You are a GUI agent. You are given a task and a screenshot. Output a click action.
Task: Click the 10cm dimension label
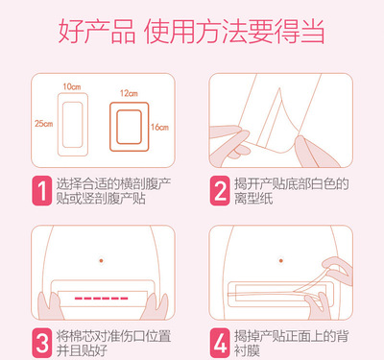[x=72, y=86]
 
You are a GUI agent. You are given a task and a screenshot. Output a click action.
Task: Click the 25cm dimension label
[x=44, y=124]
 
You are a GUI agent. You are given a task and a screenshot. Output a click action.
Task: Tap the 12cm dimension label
[x=129, y=93]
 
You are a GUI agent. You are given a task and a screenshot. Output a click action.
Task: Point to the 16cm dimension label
[x=159, y=127]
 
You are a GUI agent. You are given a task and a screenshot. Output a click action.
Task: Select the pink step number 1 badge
[x=41, y=191]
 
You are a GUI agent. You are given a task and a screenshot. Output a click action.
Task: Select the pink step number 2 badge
[x=220, y=191]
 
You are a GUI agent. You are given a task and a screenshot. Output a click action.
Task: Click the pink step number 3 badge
[x=41, y=343]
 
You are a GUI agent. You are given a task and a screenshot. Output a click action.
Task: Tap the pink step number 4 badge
[x=220, y=343]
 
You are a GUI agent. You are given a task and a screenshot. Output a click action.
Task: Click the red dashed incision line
[x=101, y=299]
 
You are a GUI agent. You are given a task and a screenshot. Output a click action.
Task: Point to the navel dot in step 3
[x=101, y=261]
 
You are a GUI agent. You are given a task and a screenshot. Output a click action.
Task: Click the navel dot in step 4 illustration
[x=281, y=261]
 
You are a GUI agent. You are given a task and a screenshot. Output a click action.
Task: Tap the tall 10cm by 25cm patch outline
[x=58, y=125]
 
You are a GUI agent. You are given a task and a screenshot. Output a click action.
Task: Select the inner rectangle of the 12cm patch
[x=117, y=127]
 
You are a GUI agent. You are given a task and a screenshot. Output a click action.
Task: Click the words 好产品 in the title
[x=97, y=32]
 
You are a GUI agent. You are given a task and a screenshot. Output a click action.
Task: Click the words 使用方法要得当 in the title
[x=234, y=32]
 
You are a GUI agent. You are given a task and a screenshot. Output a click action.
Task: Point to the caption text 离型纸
[x=253, y=199]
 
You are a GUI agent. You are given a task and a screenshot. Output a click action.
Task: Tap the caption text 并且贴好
[x=82, y=350]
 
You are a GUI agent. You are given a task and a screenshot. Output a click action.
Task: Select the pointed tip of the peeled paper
[x=280, y=88]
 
